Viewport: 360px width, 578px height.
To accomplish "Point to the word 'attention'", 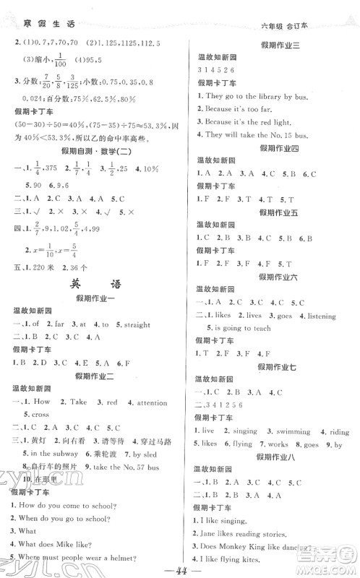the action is click(x=150, y=401).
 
